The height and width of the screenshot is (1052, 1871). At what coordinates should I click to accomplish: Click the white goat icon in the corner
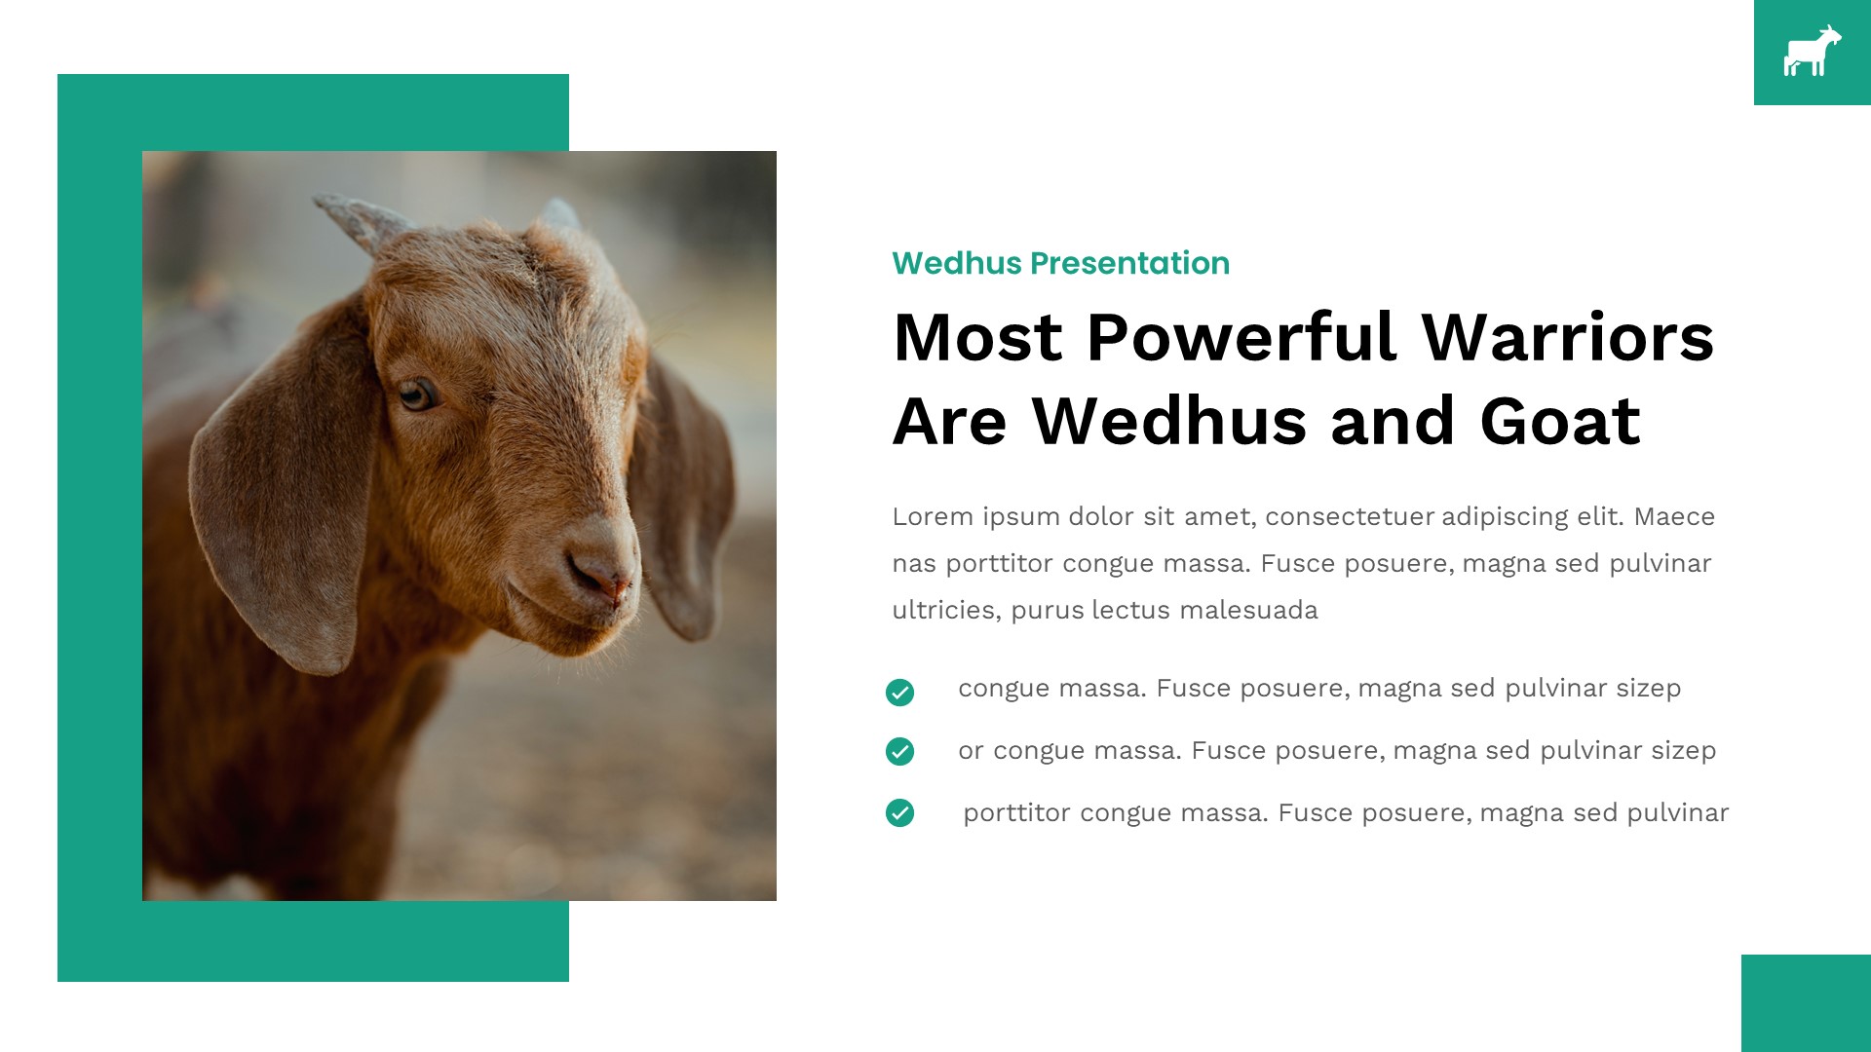(x=1812, y=53)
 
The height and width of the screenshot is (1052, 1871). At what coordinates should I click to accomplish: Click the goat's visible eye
(x=417, y=394)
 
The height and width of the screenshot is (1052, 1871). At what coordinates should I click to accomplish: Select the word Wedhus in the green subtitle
(x=956, y=263)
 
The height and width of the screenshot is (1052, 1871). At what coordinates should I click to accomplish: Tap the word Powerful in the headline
(x=1241, y=338)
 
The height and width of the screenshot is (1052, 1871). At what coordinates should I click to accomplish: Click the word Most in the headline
(x=977, y=338)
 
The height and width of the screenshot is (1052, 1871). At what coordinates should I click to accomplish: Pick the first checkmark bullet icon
(x=899, y=693)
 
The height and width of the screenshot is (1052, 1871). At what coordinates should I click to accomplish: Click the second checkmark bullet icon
(x=899, y=752)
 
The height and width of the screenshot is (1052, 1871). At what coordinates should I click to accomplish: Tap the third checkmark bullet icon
(x=899, y=812)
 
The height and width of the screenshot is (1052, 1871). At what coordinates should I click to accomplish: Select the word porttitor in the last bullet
(x=1016, y=812)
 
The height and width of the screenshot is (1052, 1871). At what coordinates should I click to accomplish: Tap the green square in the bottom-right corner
(x=1806, y=1003)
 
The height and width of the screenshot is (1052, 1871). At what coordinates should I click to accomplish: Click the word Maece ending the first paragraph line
(x=1674, y=516)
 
